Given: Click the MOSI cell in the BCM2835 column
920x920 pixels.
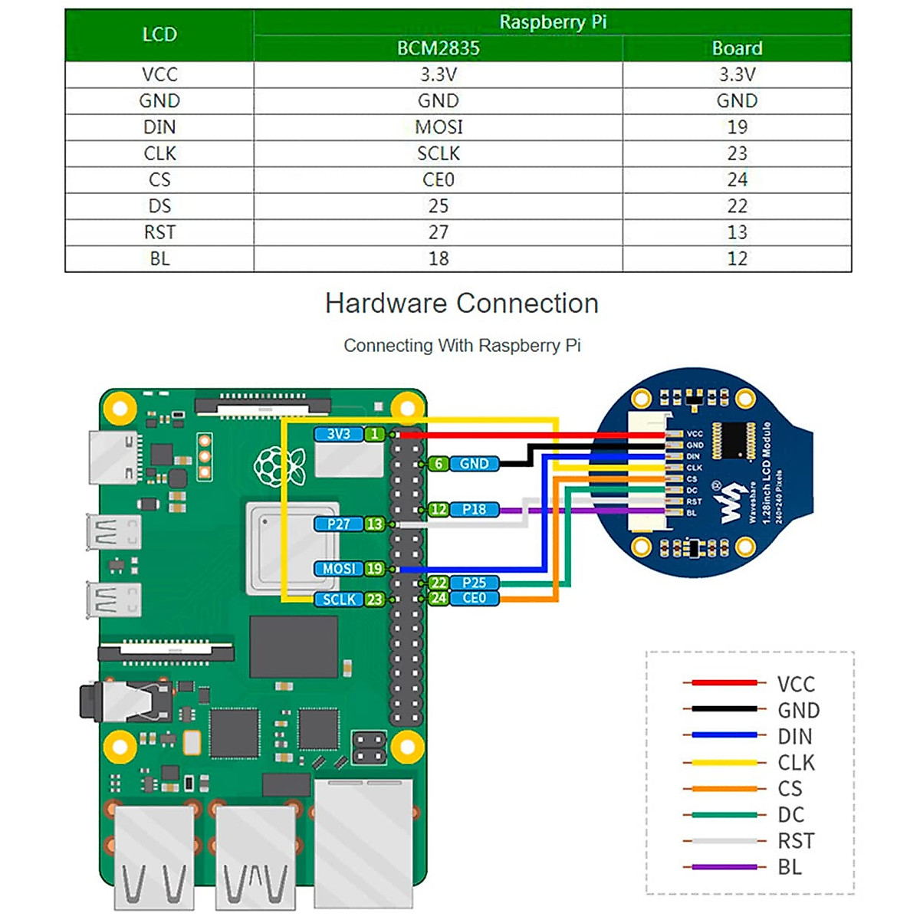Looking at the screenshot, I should pyautogui.click(x=439, y=127).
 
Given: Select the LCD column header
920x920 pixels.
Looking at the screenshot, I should pyautogui.click(x=159, y=35).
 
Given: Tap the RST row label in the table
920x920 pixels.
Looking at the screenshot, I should pyautogui.click(x=159, y=232).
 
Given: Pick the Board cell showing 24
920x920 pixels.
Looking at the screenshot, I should pyautogui.click(x=737, y=179).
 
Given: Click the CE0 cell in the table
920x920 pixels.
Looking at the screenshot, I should pyautogui.click(x=439, y=179).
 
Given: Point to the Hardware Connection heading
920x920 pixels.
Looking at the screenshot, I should pyautogui.click(x=462, y=304).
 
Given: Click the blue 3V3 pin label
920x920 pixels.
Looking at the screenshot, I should pyautogui.click(x=338, y=434).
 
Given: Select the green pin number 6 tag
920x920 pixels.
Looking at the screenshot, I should pyautogui.click(x=439, y=464).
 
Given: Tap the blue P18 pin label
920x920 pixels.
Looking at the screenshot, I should pyautogui.click(x=474, y=509).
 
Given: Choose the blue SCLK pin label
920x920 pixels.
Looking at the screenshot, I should pyautogui.click(x=339, y=599).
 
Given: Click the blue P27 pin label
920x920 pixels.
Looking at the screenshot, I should pyautogui.click(x=338, y=524).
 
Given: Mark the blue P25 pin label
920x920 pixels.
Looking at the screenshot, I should pyautogui.click(x=474, y=583).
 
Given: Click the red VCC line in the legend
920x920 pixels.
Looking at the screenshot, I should pyautogui.click(x=724, y=682).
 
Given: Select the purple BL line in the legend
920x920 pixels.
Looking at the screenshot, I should pyautogui.click(x=724, y=867).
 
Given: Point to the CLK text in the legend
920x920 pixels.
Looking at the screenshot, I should pyautogui.click(x=796, y=763).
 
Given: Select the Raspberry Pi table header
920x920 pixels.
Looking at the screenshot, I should pyautogui.click(x=552, y=22).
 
